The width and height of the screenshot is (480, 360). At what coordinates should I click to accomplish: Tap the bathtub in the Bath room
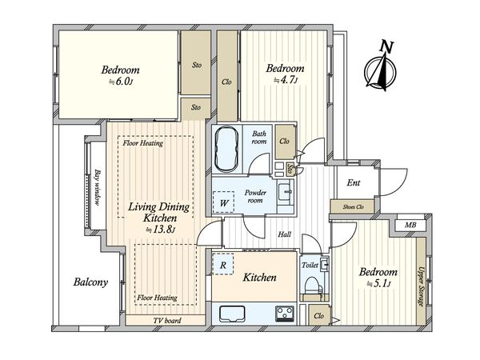(x=226, y=150)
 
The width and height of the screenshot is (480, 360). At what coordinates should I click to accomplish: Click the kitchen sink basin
(x=232, y=314)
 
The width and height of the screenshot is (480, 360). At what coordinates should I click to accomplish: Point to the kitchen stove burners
(x=285, y=313)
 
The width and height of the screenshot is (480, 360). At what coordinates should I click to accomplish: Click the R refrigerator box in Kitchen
(x=223, y=264)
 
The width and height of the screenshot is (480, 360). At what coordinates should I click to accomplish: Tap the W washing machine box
(x=224, y=202)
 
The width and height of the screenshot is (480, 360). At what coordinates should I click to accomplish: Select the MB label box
(x=410, y=226)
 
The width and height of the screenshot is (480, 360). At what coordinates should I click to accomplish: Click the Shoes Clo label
(x=353, y=207)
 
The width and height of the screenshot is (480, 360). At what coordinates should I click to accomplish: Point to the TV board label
(x=167, y=321)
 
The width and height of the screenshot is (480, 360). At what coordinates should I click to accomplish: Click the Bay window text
(x=98, y=187)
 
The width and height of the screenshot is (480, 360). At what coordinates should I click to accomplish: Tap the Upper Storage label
(x=422, y=286)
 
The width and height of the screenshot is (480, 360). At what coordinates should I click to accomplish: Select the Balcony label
(x=90, y=282)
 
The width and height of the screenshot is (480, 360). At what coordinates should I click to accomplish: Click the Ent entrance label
(x=354, y=182)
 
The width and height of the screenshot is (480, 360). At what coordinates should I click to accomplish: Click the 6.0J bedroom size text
(x=121, y=82)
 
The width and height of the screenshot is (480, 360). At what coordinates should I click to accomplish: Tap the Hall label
(x=284, y=234)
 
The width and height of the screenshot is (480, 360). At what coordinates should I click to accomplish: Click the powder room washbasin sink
(x=285, y=192)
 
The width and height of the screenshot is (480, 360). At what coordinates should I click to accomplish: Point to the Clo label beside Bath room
(x=284, y=141)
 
